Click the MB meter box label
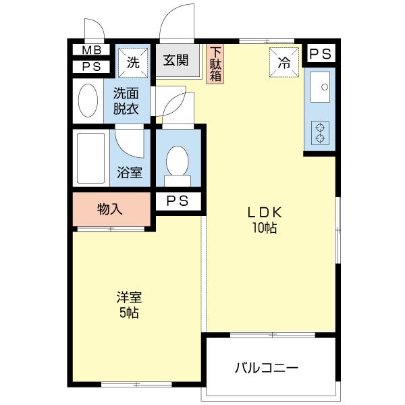point(91,50)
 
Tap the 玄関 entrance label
point(175,60)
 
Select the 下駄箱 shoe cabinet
point(215,64)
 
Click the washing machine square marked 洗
point(133,62)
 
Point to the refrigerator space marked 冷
point(284,62)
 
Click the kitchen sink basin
point(320,87)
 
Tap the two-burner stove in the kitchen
point(320,133)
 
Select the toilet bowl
point(178,166)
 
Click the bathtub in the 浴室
point(91,158)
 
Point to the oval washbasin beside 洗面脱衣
point(88,100)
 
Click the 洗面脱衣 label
point(126,101)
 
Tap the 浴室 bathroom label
point(130,172)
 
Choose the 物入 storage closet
point(111,209)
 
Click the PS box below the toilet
point(178,201)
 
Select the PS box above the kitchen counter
point(320,54)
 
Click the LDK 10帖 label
point(265,220)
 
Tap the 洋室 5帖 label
point(129,305)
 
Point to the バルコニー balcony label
point(267,368)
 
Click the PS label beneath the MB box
point(91,67)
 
